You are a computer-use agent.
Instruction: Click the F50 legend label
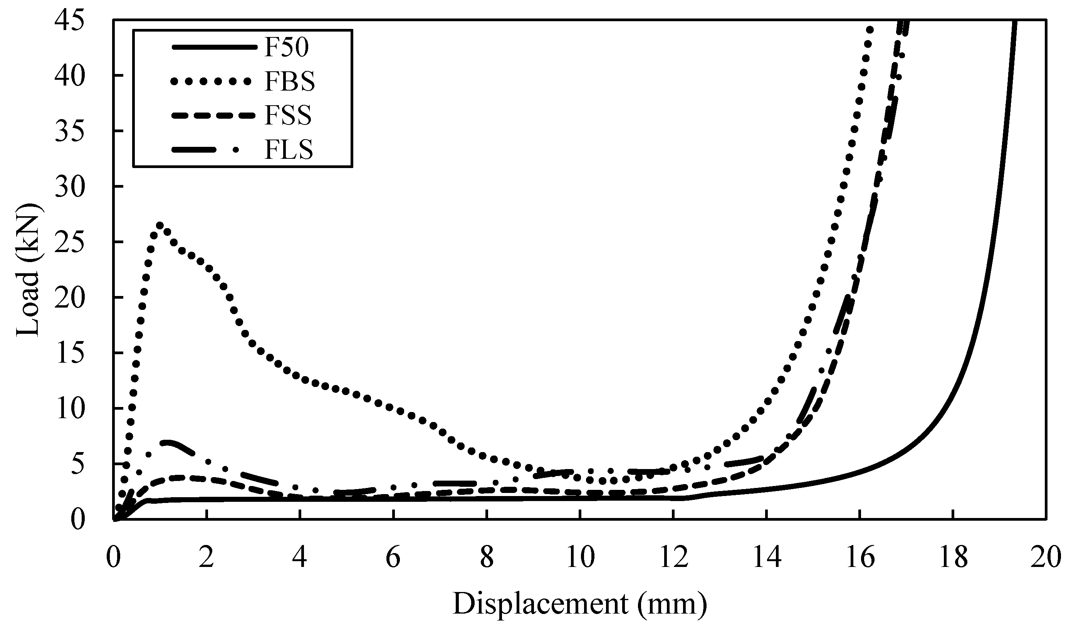point(286,48)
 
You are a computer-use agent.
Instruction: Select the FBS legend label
point(289,82)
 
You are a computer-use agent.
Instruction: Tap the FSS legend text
point(288,116)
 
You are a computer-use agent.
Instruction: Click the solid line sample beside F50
point(214,48)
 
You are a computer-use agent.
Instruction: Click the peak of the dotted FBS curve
point(160,225)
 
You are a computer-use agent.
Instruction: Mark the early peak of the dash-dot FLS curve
point(168,443)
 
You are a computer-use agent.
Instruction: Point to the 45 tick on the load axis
point(70,20)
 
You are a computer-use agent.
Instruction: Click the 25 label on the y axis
point(70,242)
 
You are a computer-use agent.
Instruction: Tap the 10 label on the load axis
point(70,408)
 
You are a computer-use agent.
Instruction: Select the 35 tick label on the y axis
point(70,131)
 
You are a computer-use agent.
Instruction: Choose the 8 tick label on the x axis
point(487,558)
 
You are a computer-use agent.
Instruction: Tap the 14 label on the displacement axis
point(767,558)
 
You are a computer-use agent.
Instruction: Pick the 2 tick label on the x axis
point(206,558)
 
